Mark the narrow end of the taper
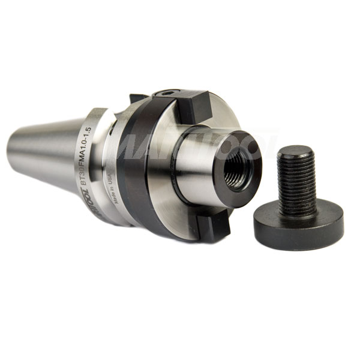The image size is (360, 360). click(x=13, y=149)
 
